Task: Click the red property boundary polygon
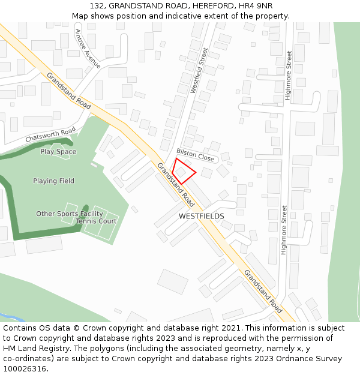coord(184,171)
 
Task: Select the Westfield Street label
coord(198,71)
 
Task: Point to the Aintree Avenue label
coord(88,49)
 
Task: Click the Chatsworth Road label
coord(50,134)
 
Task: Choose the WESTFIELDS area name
coord(201,216)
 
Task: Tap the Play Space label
coord(58,152)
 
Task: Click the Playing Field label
coord(53,181)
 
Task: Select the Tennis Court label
coord(96,221)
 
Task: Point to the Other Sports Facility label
coord(70,214)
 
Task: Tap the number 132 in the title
coord(97,5)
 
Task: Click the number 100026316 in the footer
coord(25,368)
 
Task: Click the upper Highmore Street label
coord(289,75)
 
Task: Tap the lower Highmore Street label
coord(284,230)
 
